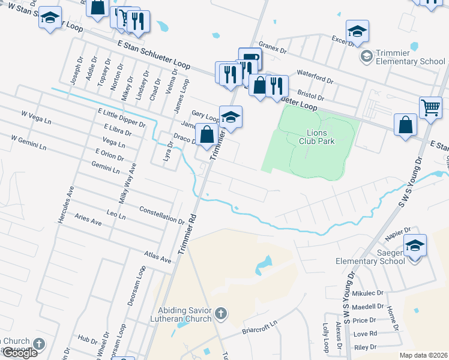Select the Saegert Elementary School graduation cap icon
[x=415, y=246]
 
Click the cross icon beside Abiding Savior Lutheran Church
[x=221, y=313]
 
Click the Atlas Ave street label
[x=158, y=257]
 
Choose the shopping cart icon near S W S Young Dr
[x=430, y=108]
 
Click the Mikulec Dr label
[x=368, y=293]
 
